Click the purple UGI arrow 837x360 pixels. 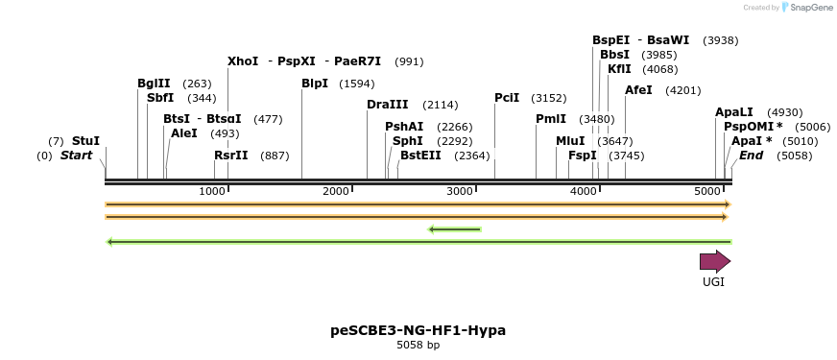point(714,261)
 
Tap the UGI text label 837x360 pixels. point(713,282)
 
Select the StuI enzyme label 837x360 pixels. point(85,140)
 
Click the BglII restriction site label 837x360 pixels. point(154,84)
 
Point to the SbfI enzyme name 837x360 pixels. point(160,98)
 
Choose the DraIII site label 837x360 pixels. point(387,105)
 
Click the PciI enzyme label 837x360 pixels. point(507,98)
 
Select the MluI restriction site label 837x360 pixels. point(570,140)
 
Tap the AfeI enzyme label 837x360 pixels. point(638,90)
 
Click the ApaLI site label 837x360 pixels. point(734,112)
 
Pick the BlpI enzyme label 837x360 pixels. point(315,84)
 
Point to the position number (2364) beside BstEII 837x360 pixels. point(472,156)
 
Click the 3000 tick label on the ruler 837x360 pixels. point(461,192)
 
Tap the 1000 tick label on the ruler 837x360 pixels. point(212,192)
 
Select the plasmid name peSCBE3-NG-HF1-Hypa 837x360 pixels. point(418,330)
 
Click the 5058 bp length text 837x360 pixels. point(418,346)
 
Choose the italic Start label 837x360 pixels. point(77,156)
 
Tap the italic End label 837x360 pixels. point(751,156)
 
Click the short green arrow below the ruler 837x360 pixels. point(454,228)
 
